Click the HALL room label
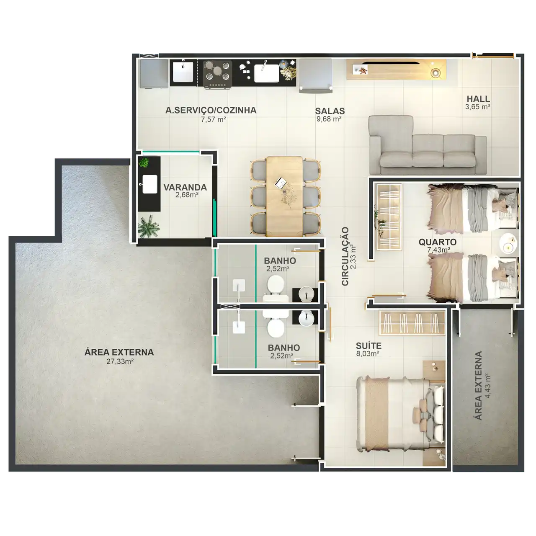point(478,99)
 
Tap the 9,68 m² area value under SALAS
point(329,119)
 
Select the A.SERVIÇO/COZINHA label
point(211,110)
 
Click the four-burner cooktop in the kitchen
point(218,75)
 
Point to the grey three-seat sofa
point(427,145)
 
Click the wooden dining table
point(284,196)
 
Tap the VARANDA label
point(185,188)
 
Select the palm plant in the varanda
point(149,227)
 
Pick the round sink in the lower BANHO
point(306,318)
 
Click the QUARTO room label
point(438,242)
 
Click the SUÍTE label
point(368,346)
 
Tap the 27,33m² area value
point(120,362)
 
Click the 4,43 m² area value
point(487,386)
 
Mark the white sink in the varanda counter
point(149,184)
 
